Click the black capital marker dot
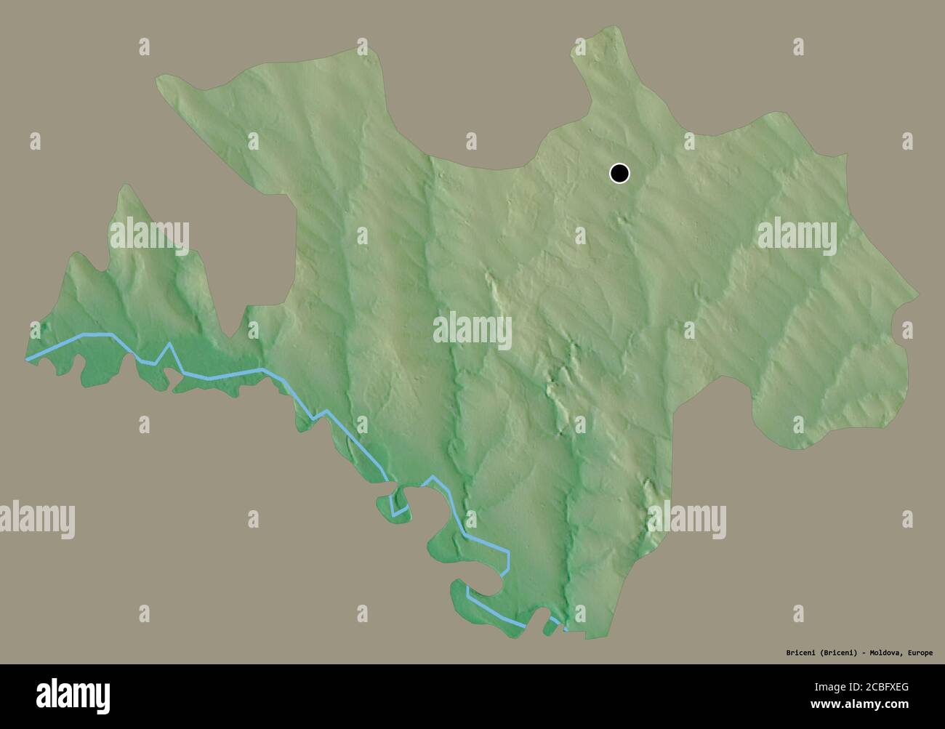[x=619, y=174]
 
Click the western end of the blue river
[x=28, y=358]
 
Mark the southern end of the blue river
[x=566, y=627]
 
